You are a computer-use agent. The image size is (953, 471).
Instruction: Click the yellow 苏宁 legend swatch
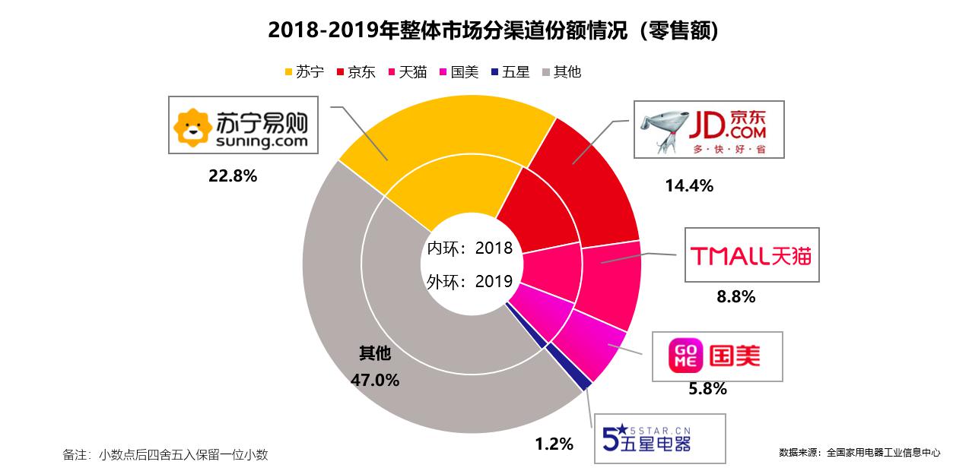point(288,73)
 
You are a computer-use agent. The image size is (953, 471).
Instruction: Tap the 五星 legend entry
point(510,73)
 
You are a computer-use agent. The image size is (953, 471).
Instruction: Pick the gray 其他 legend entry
point(561,73)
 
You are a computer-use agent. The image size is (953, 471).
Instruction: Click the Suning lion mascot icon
point(191,127)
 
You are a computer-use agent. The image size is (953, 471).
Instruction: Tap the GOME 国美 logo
point(716,356)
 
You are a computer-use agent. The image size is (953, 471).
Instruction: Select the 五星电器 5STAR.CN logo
point(659,438)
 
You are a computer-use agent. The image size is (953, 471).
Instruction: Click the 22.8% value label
point(233,176)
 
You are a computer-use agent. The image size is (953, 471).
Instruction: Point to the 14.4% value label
point(688,185)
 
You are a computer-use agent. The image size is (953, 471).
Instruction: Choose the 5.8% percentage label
point(707,390)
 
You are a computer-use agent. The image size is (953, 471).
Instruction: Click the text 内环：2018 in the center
point(469,248)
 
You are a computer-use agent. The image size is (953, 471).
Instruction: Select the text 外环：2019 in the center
point(469,282)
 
